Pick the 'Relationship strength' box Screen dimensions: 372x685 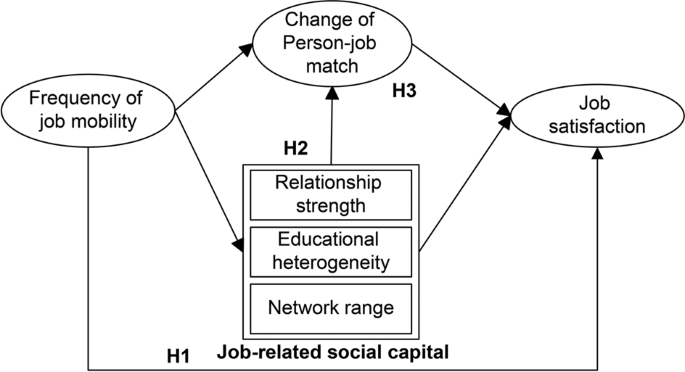coord(332,193)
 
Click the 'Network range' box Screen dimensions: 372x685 coord(332,305)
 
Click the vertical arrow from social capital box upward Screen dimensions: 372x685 coord(332,120)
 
